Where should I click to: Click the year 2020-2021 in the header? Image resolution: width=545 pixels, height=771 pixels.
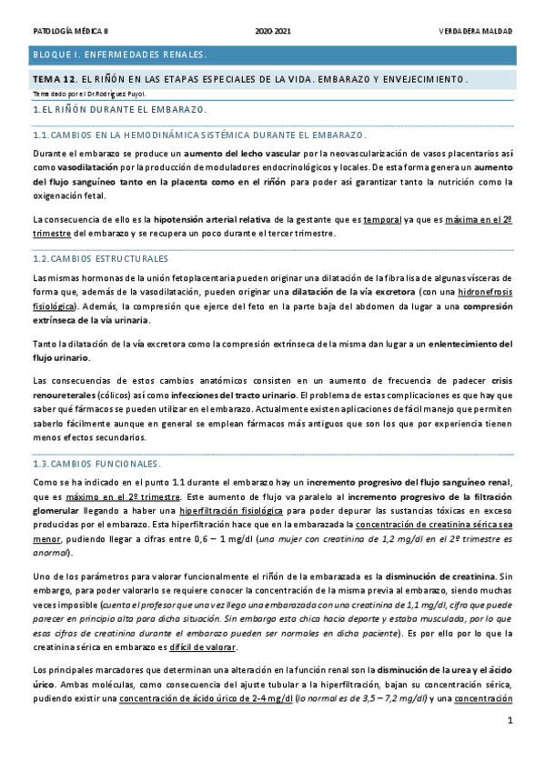[x=273, y=30]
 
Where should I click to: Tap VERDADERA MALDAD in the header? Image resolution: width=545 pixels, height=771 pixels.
[x=478, y=30]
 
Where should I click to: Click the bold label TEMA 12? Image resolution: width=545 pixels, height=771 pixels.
[x=51, y=79]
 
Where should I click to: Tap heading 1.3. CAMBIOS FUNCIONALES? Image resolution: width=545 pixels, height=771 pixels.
[x=96, y=464]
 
